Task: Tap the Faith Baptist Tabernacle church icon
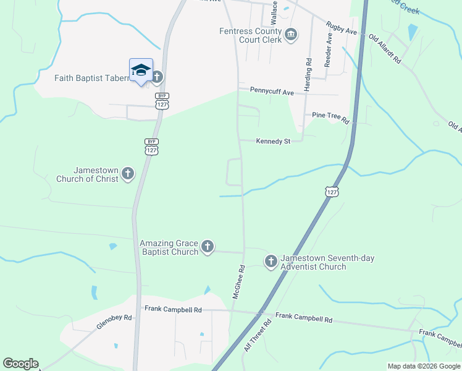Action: click(x=157, y=77)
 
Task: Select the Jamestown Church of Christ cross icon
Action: click(x=128, y=173)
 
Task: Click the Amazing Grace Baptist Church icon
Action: click(x=208, y=247)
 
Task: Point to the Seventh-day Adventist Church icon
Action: click(x=271, y=262)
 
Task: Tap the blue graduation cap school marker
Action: click(x=141, y=70)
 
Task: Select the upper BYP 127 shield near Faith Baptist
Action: click(x=162, y=101)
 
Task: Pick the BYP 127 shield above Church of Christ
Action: click(x=151, y=146)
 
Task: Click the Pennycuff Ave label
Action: click(x=272, y=91)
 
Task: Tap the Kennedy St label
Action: click(x=273, y=142)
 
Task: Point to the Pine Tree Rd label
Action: click(x=331, y=116)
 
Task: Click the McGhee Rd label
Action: click(x=239, y=283)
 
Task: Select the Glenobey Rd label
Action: click(x=114, y=323)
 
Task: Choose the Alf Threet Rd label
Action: click(x=258, y=336)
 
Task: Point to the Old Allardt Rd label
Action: click(x=385, y=49)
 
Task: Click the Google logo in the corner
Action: click(x=20, y=364)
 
